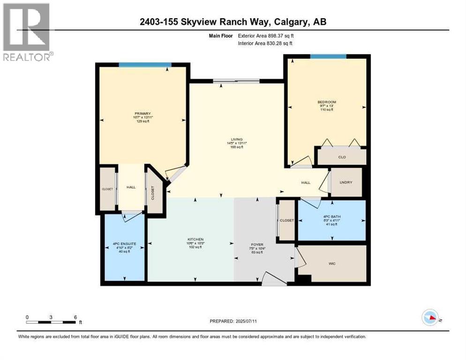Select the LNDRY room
[346, 182]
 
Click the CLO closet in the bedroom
[342, 157]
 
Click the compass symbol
[430, 318]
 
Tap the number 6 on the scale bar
[75, 317]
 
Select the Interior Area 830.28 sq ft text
[265, 43]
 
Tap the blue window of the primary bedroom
[145, 65]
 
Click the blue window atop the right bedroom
[328, 57]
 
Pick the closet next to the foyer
[286, 220]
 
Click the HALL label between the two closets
[131, 187]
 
